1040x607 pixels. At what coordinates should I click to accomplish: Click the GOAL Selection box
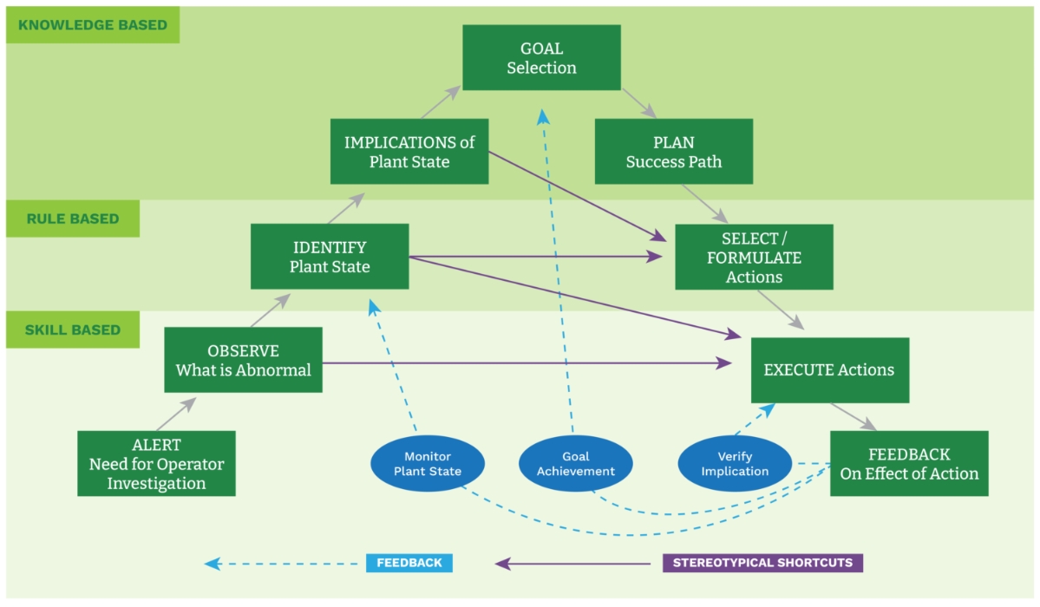click(x=541, y=57)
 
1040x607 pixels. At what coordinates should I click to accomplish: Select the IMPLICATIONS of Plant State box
click(x=409, y=152)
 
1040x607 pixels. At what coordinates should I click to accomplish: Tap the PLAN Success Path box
click(x=673, y=152)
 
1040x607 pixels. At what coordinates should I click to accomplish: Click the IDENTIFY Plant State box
click(x=330, y=257)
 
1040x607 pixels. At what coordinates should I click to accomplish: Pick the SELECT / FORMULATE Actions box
click(x=754, y=257)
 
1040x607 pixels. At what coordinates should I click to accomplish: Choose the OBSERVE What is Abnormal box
click(x=243, y=360)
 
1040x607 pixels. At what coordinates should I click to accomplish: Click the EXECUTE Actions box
click(x=829, y=370)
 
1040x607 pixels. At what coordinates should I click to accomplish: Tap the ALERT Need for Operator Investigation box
click(x=156, y=464)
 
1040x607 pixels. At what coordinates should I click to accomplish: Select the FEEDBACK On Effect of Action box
click(x=908, y=464)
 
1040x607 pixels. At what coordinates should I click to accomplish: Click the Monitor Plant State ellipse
click(x=428, y=464)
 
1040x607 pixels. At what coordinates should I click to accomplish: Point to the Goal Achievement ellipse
click(x=575, y=464)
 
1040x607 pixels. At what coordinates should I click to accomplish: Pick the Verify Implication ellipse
click(x=735, y=464)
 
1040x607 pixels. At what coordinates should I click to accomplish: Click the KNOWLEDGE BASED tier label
click(x=93, y=25)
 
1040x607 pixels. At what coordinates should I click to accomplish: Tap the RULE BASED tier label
click(x=73, y=219)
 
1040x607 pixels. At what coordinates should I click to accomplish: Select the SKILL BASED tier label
click(x=73, y=330)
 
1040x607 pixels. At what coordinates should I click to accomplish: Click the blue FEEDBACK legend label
click(x=409, y=563)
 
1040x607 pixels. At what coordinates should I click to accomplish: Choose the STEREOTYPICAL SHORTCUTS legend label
click(x=762, y=563)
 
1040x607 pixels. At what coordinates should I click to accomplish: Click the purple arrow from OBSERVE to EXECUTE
click(x=520, y=364)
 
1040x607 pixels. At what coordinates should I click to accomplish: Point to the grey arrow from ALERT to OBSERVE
click(x=176, y=414)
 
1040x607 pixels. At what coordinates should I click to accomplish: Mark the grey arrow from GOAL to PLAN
click(x=638, y=103)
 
